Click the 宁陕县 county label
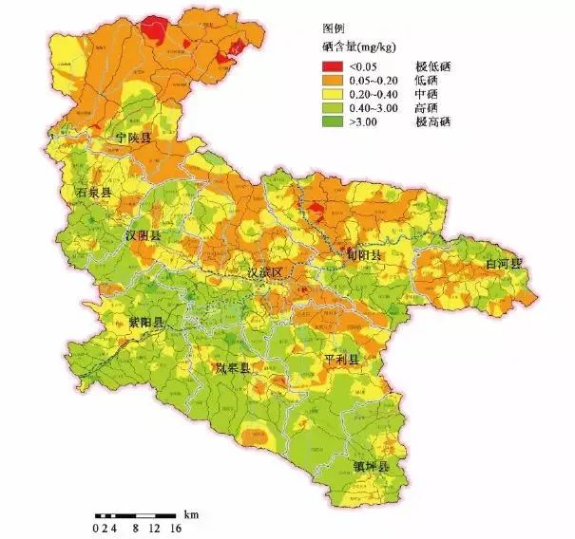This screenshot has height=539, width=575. pos(134,139)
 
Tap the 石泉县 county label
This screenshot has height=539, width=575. pos(94,193)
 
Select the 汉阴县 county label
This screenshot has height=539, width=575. pos(143,234)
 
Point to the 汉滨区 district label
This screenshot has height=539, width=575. pos(265,272)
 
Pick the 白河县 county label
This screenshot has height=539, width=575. pos(503,263)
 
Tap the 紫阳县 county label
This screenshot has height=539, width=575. pos(146,323)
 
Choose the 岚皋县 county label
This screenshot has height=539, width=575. pos(233,367)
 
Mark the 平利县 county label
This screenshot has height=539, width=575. pos(341,360)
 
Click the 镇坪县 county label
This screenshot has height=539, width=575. pos(372,467)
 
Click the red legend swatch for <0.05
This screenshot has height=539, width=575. pos(332,65)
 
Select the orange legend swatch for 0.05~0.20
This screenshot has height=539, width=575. pos(332,80)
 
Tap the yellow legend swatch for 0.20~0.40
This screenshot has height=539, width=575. pos(332,94)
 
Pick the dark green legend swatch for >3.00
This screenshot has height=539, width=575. pos(332,122)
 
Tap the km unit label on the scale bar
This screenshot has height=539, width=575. pos(191,512)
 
